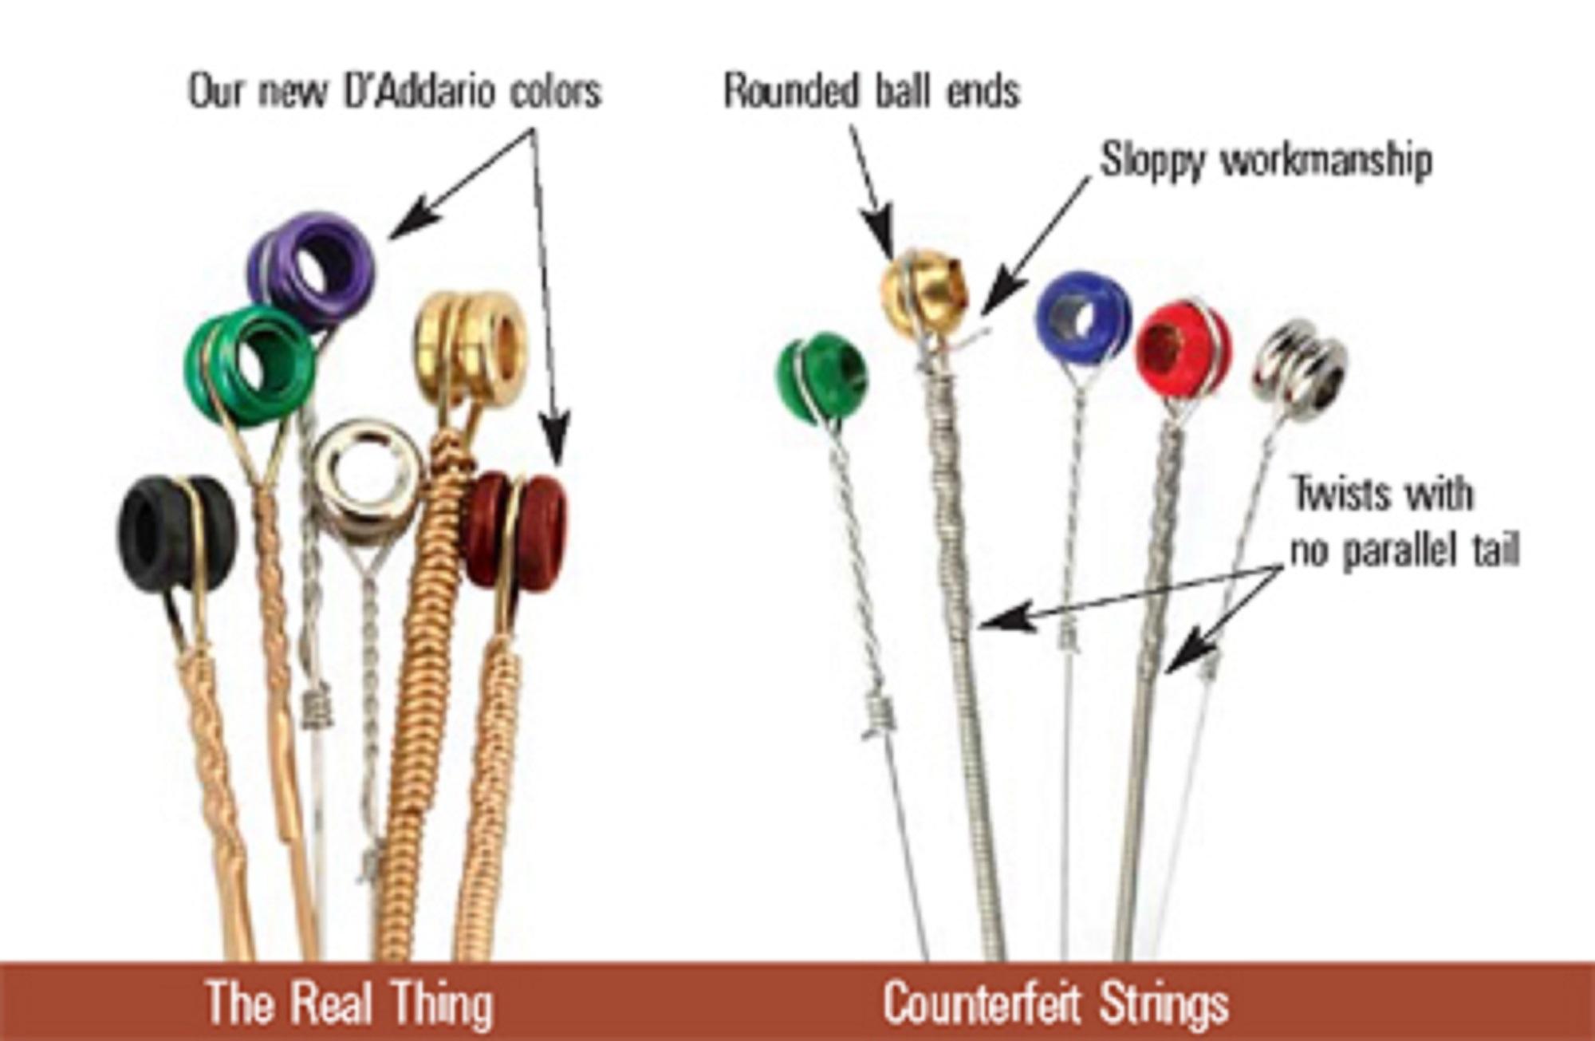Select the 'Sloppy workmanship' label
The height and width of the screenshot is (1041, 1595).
1266,162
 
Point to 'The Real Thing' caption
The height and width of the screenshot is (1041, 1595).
349,1002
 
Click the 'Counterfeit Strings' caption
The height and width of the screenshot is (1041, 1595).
1055,1002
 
